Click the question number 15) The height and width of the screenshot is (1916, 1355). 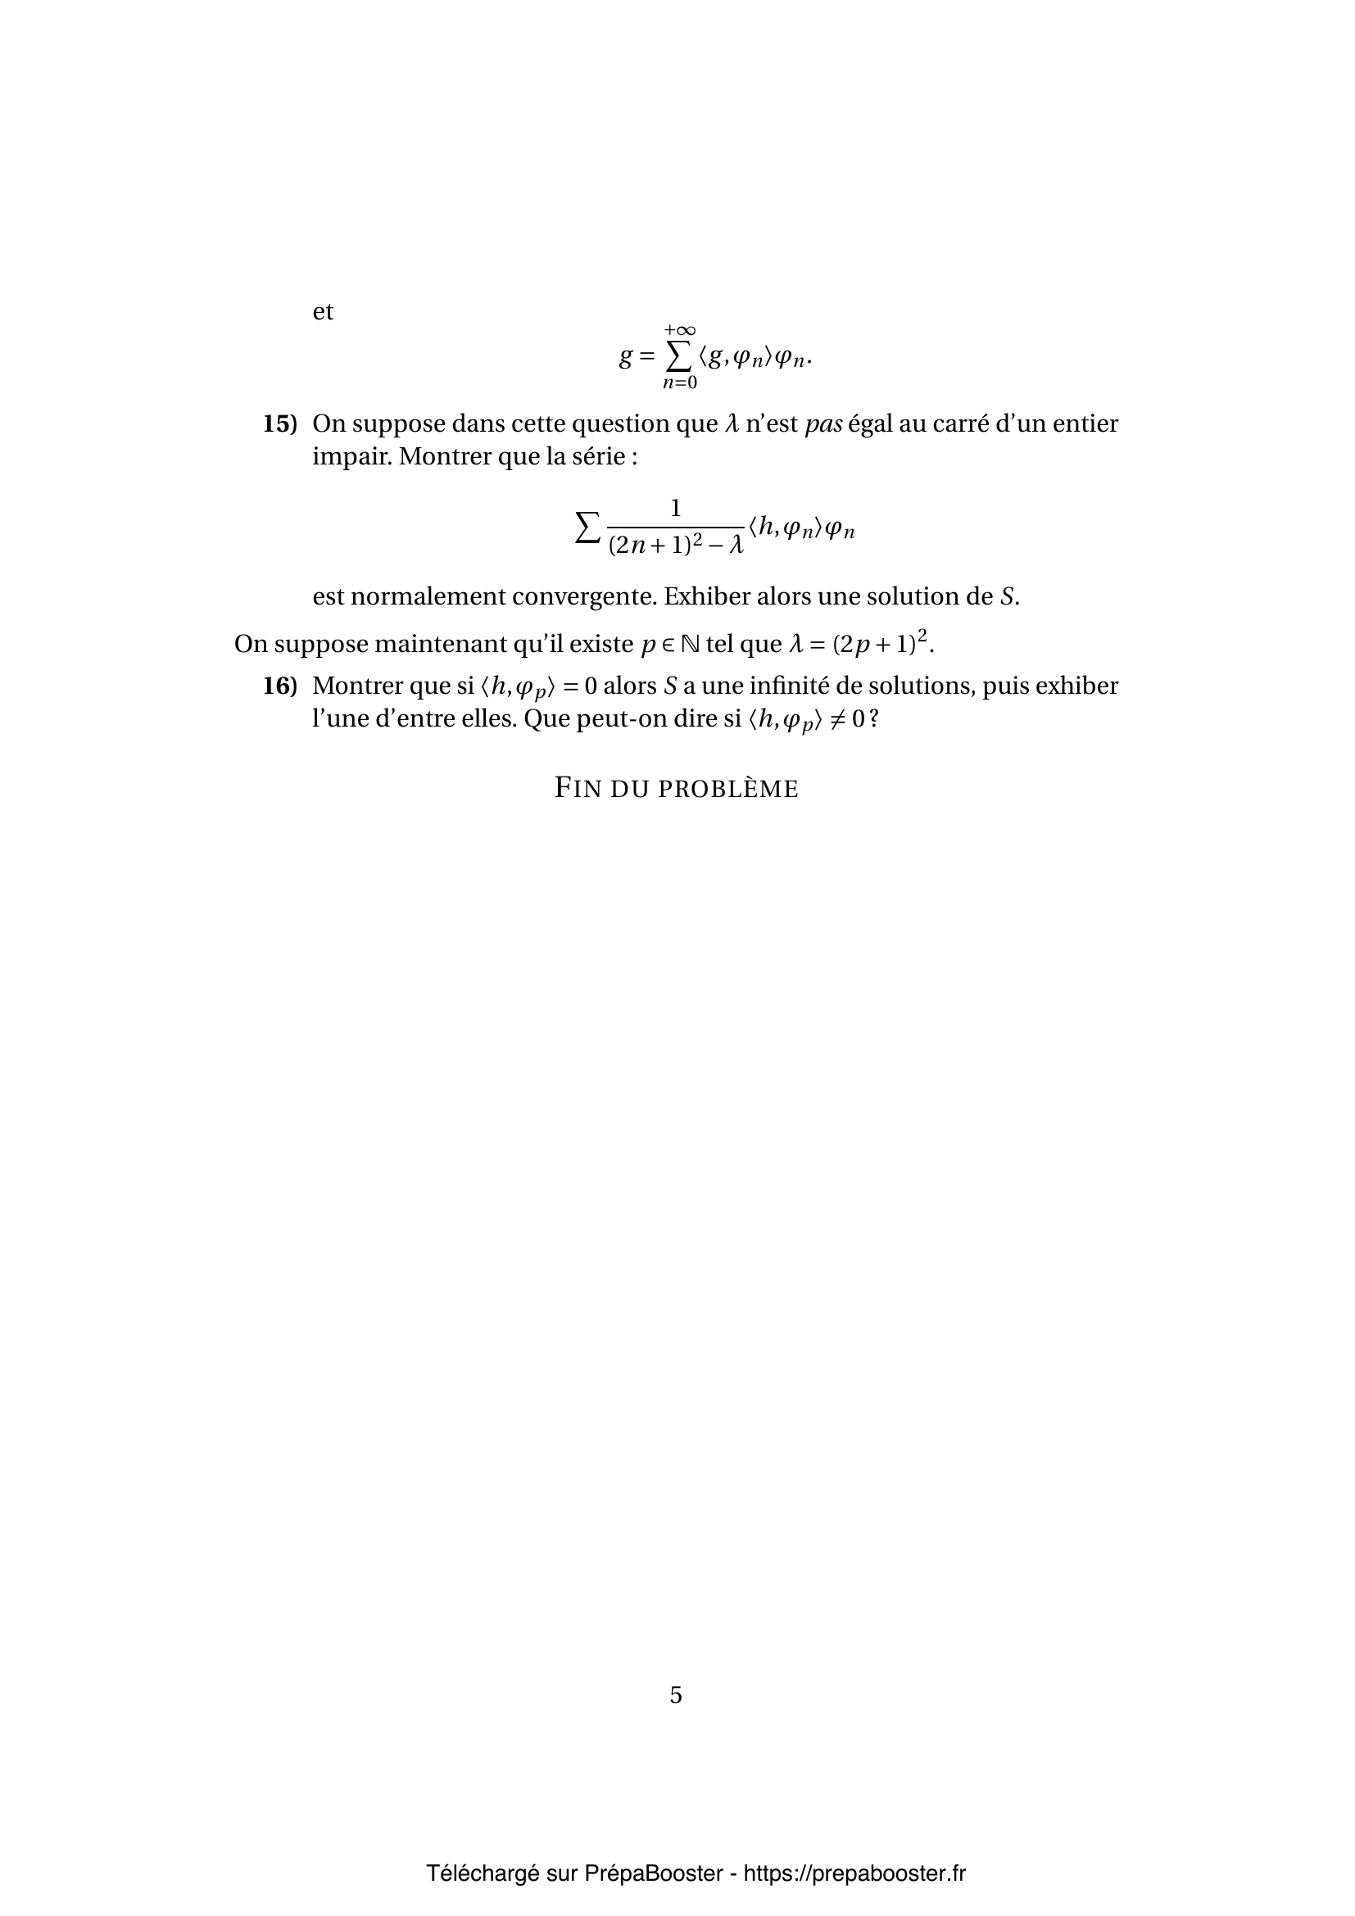pos(279,424)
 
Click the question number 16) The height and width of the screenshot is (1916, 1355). pos(279,686)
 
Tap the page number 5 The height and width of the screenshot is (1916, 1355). pos(676,1695)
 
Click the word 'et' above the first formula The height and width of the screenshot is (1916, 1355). pos(323,312)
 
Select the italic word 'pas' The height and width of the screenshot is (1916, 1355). pos(823,424)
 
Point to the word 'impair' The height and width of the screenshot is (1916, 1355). pos(351,457)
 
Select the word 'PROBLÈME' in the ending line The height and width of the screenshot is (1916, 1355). pos(728,789)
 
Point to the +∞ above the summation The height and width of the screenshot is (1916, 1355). pos(680,331)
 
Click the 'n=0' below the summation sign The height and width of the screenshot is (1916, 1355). pos(680,383)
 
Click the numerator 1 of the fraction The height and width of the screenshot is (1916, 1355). pos(676,508)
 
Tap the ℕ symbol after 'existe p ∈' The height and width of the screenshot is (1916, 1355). pos(690,644)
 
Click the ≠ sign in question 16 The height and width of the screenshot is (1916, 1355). pos(836,719)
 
